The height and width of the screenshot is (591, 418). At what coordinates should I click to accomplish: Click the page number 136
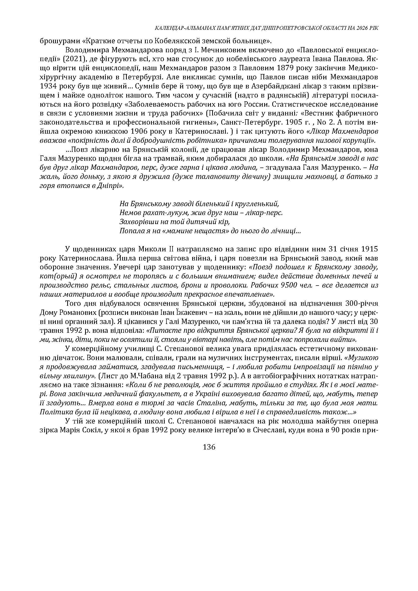tap(209, 447)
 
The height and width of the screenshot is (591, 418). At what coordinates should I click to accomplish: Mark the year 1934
tap(50, 86)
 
